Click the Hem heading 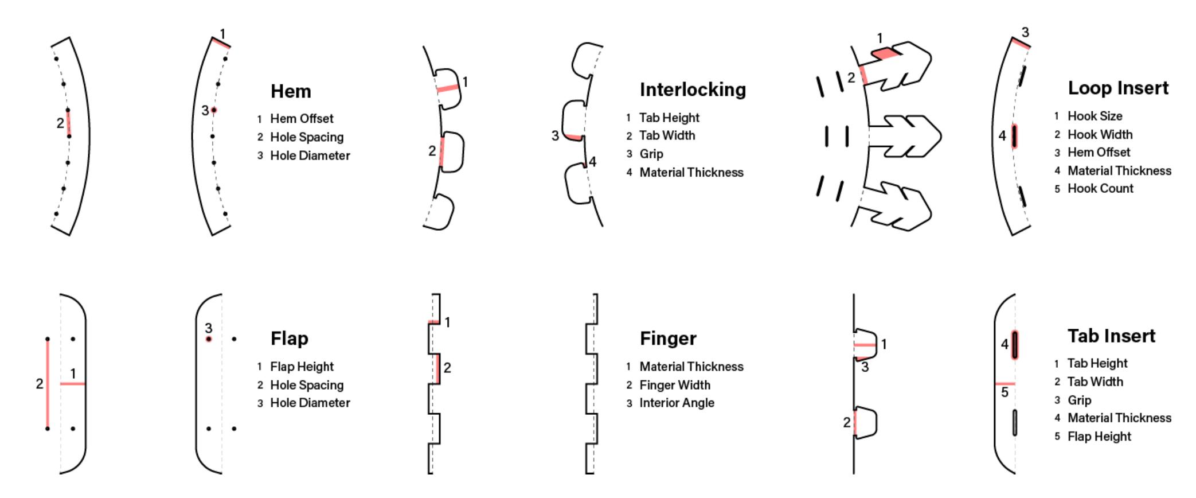click(291, 91)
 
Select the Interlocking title click(693, 90)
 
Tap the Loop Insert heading click(1117, 88)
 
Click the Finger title click(668, 339)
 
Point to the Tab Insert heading click(1111, 336)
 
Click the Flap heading click(289, 339)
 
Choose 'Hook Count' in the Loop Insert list click(1100, 189)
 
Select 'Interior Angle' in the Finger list click(677, 403)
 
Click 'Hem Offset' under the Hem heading click(302, 119)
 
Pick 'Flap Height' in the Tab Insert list click(1099, 437)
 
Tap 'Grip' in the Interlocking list click(651, 154)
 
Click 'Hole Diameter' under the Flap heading click(310, 403)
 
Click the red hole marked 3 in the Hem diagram click(214, 110)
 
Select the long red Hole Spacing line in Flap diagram click(48, 383)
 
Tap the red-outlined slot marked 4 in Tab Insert click(1015, 345)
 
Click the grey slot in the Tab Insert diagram click(1015, 423)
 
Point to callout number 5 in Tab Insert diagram click(1005, 393)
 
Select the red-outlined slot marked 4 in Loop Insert click(1014, 137)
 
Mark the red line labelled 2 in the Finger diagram click(439, 368)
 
